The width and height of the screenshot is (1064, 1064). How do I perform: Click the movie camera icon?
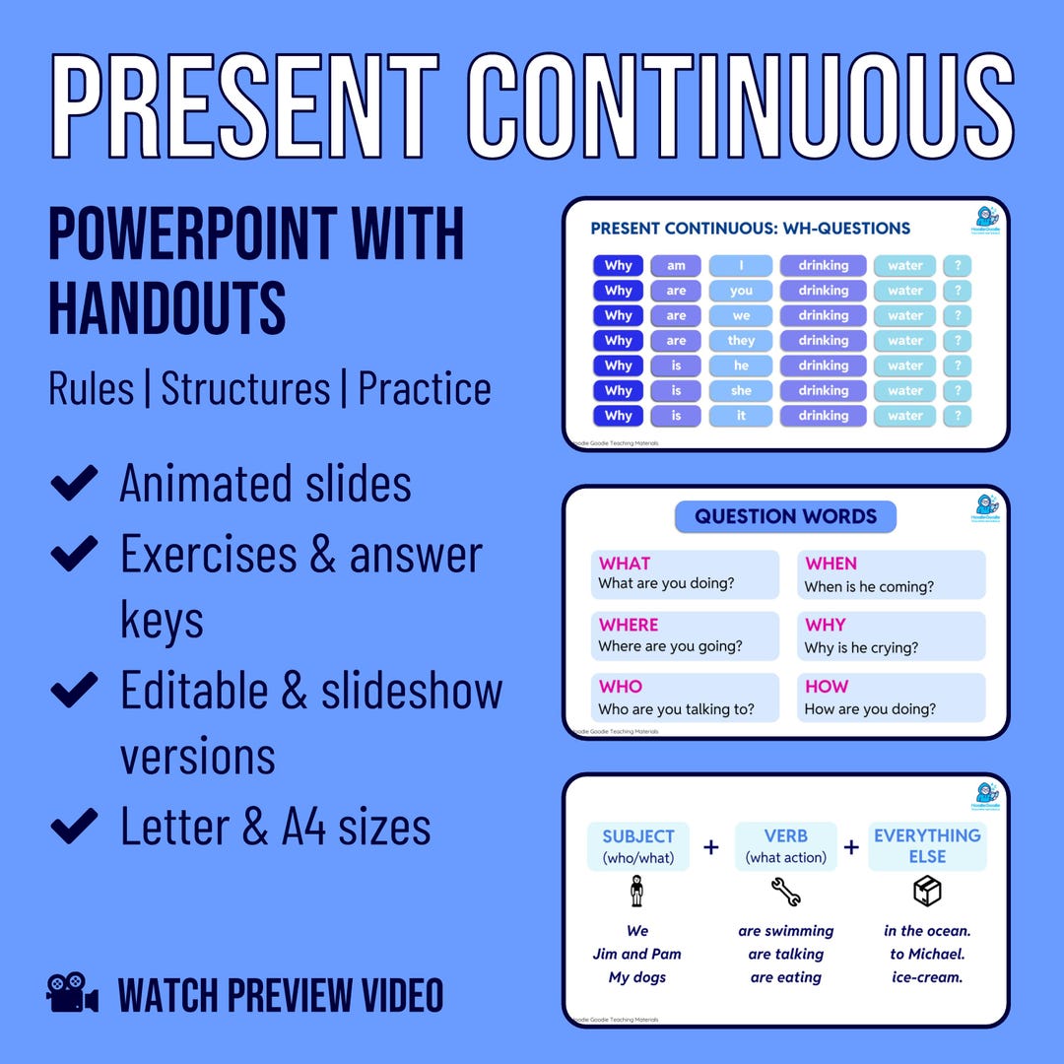point(73,993)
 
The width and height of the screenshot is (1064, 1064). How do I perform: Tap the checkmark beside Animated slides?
point(74,483)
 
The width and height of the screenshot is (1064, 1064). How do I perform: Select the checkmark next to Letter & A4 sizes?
point(74,825)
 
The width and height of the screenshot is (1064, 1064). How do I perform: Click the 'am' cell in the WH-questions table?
point(676,266)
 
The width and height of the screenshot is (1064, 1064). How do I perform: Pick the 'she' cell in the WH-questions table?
point(741,391)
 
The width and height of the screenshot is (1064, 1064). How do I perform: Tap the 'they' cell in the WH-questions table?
point(741,341)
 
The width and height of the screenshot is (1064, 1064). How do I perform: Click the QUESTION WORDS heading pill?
point(785,516)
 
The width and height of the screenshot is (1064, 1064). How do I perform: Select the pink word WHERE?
point(629,625)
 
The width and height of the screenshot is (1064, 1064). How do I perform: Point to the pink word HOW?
point(827,686)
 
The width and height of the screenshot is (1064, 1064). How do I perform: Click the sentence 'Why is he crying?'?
point(861,648)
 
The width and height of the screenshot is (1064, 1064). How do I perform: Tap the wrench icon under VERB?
point(785,893)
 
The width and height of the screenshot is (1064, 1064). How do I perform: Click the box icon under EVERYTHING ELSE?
point(926,892)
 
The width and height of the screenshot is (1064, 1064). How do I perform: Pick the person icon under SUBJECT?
point(637,892)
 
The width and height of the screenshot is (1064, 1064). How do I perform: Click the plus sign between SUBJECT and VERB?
point(711,847)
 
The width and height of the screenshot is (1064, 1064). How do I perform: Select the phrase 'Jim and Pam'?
point(637,954)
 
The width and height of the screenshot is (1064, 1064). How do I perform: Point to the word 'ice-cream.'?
point(926,977)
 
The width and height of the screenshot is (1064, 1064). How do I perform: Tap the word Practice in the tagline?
point(425,388)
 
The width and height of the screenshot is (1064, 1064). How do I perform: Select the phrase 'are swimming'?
point(785,930)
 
